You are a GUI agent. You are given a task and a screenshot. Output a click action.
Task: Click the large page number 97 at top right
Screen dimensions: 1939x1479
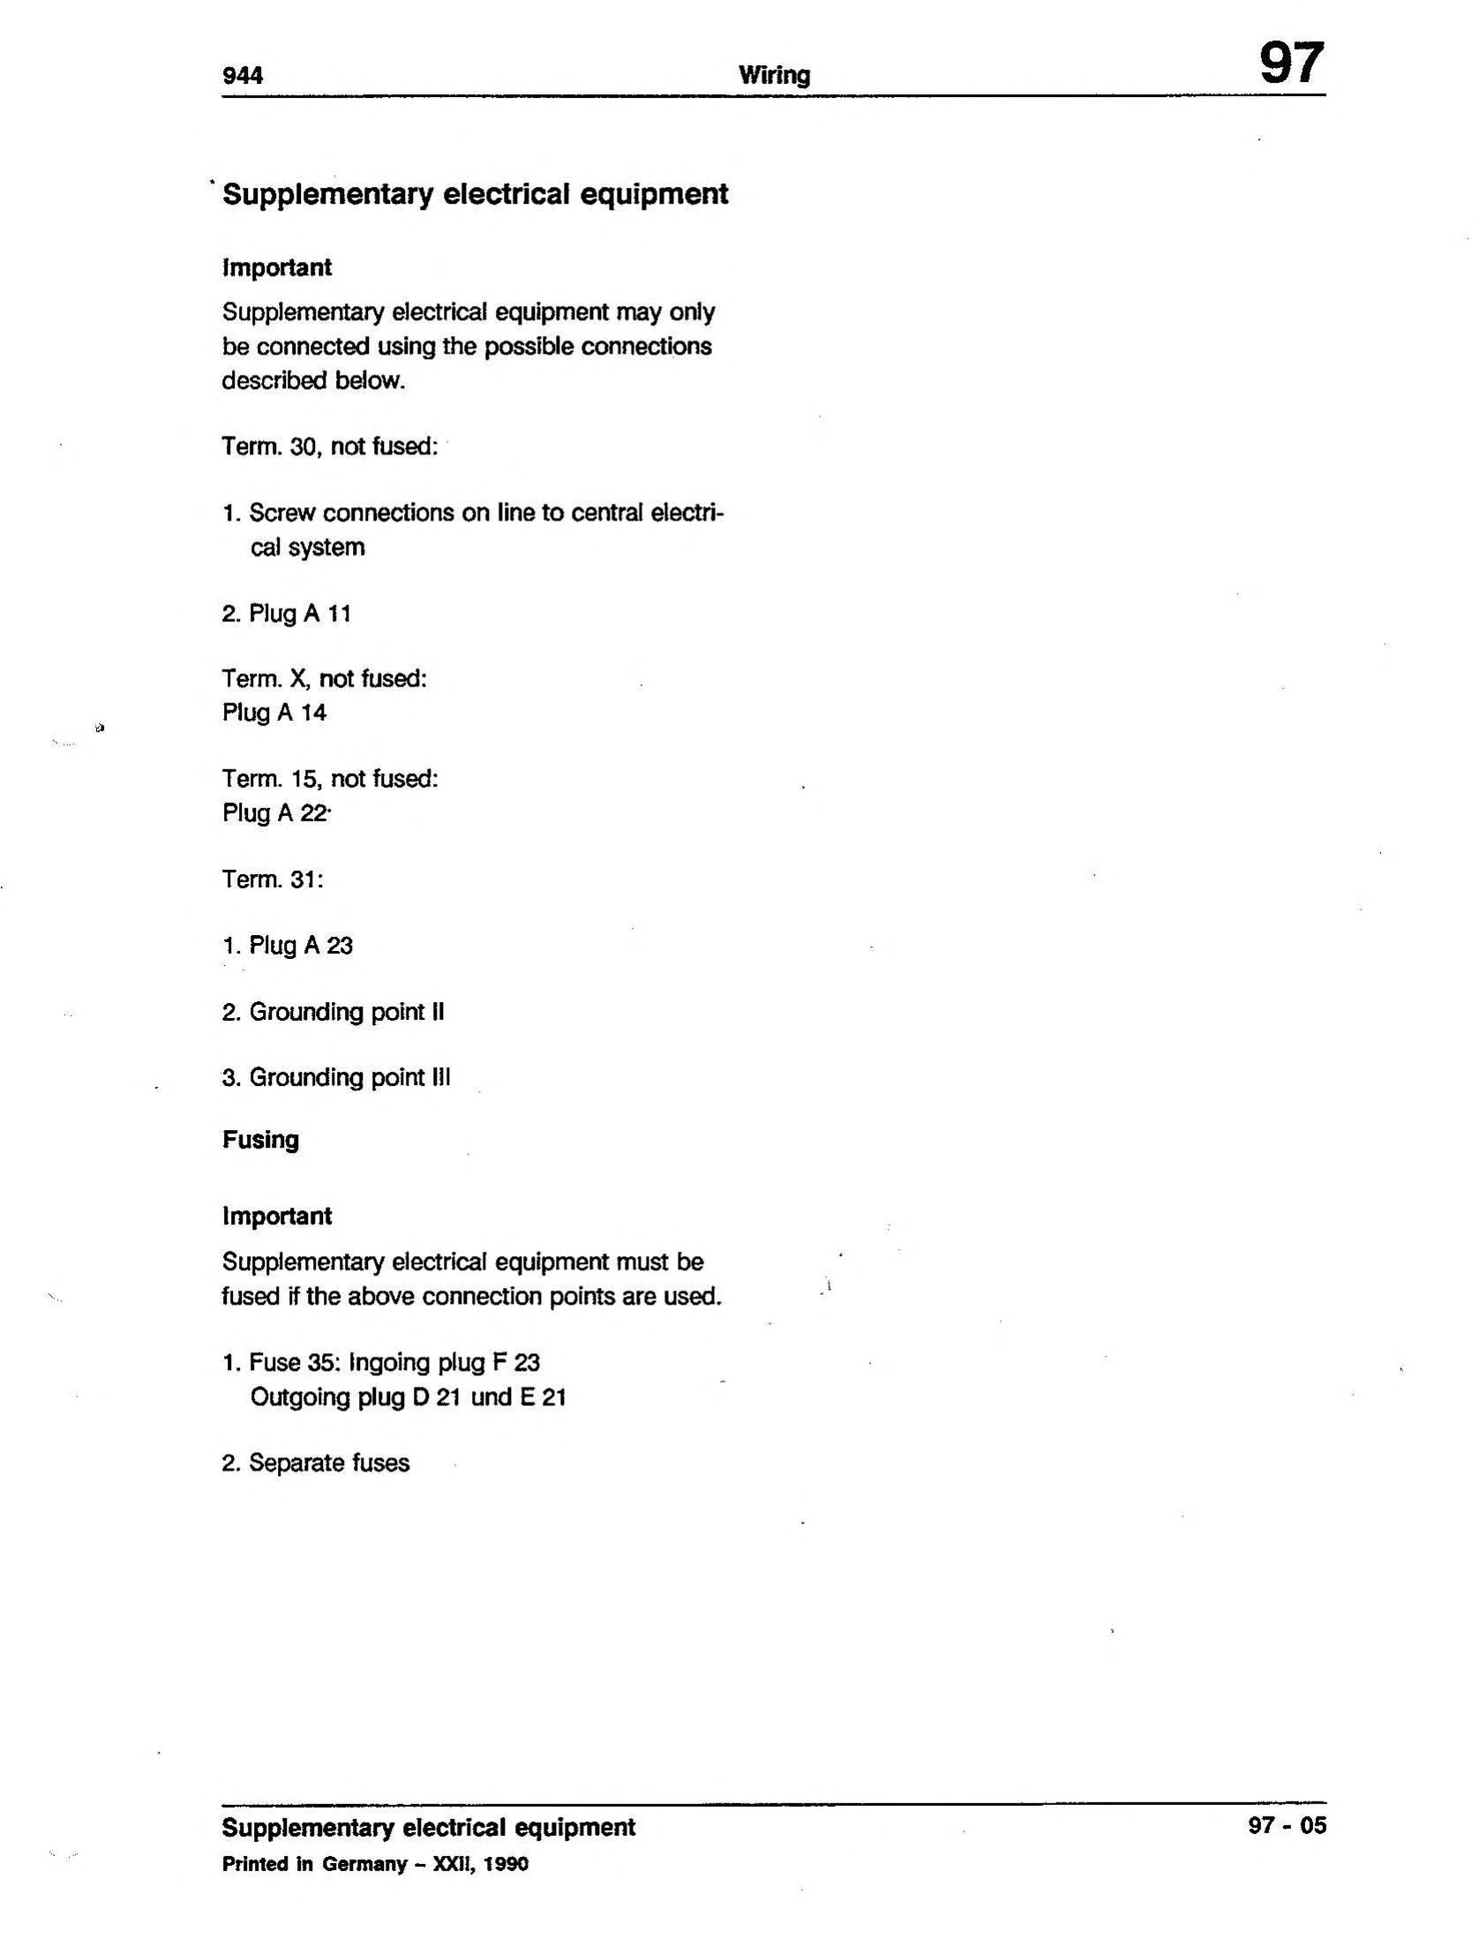tap(1290, 64)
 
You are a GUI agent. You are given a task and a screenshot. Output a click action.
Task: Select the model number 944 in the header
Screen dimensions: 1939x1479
tap(243, 76)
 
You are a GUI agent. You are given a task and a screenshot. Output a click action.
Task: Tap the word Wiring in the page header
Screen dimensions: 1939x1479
tap(774, 76)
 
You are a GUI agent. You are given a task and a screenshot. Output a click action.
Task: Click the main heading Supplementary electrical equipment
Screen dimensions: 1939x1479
tap(475, 194)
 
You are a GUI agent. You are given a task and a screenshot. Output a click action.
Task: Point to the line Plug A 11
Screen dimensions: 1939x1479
tap(287, 613)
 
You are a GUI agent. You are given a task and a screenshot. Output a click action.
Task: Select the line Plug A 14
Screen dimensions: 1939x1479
tap(274, 713)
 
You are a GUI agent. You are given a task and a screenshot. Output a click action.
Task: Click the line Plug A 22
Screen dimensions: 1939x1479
tap(275, 812)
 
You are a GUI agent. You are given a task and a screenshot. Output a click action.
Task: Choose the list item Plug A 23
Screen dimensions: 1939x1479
tap(288, 946)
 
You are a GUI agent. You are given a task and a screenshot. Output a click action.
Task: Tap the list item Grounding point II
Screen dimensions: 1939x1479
tap(333, 1012)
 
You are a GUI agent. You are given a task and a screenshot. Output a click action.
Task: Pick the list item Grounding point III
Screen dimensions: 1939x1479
tap(336, 1077)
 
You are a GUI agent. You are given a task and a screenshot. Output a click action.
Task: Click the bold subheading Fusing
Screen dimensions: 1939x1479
tap(260, 1140)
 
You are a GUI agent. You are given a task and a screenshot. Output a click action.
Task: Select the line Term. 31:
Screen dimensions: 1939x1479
tap(273, 880)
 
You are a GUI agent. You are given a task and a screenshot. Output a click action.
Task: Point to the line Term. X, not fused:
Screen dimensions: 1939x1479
tap(325, 679)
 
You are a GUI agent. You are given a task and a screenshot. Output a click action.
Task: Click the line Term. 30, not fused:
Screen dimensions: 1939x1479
tap(330, 446)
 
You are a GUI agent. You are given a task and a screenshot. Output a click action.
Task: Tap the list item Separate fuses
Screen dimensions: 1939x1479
tap(316, 1463)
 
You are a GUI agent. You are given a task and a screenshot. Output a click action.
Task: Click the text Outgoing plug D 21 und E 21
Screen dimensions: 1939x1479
tap(408, 1397)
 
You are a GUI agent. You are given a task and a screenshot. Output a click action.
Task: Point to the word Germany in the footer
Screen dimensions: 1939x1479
tap(364, 1864)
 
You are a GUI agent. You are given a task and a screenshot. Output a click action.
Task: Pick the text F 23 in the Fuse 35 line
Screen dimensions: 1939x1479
tap(515, 1363)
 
